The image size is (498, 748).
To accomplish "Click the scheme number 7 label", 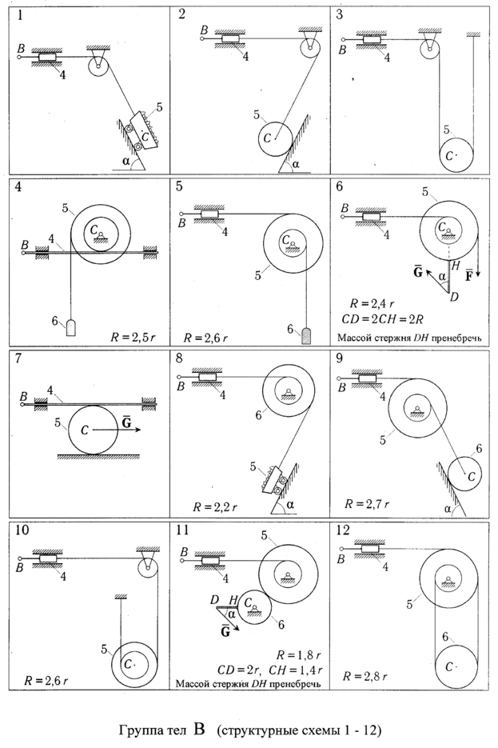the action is click(18, 358).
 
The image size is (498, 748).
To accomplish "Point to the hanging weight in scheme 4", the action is click(71, 328).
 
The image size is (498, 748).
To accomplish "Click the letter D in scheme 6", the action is click(454, 297).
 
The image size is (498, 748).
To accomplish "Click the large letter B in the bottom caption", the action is click(199, 730).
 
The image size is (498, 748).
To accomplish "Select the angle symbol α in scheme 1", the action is click(125, 162).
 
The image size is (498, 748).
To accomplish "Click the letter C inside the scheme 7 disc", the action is click(85, 430).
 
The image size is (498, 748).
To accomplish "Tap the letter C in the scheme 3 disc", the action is click(448, 156).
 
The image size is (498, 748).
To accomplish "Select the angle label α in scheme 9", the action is click(448, 509).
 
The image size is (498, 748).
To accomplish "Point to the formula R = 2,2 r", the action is click(214, 507).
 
